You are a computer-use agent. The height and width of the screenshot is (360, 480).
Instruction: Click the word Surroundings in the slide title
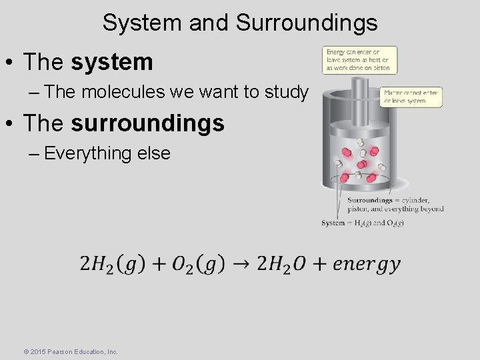(x=307, y=23)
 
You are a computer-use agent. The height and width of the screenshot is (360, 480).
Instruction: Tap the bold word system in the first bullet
(x=112, y=63)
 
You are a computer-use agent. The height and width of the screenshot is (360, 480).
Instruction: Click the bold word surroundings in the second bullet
(x=148, y=123)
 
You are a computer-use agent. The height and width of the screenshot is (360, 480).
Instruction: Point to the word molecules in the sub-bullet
(x=125, y=92)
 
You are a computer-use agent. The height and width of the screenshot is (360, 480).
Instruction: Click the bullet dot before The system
(x=11, y=63)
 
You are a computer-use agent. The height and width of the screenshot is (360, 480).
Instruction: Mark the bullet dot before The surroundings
(x=11, y=124)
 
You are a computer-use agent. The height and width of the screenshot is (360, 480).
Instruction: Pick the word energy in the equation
(x=366, y=263)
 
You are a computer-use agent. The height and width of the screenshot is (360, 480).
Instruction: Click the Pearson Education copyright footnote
(x=71, y=351)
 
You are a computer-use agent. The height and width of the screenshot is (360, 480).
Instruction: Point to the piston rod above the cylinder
(x=360, y=89)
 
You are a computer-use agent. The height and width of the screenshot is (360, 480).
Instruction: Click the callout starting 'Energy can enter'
(x=360, y=59)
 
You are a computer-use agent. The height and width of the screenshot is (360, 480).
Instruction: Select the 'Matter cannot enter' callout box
(x=412, y=97)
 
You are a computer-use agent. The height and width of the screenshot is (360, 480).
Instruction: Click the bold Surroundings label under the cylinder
(x=369, y=200)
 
